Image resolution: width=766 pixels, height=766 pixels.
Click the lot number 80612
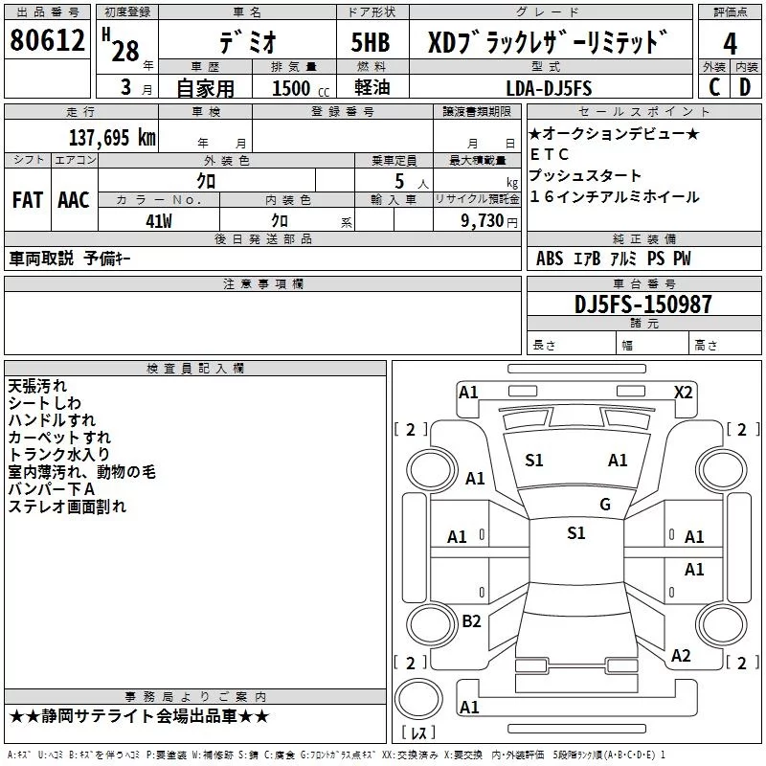(x=47, y=41)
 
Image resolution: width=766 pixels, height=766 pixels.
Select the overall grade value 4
(x=730, y=44)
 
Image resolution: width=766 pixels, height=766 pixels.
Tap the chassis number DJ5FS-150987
(x=629, y=304)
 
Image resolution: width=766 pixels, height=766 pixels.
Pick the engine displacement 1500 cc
(x=297, y=89)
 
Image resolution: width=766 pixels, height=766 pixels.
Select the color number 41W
(x=159, y=219)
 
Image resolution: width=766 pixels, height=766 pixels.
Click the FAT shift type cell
(x=28, y=200)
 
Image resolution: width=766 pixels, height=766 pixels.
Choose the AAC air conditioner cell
(x=74, y=200)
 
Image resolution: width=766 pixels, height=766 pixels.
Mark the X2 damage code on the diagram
(x=683, y=392)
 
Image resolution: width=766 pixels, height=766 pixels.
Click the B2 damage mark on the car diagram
(x=471, y=621)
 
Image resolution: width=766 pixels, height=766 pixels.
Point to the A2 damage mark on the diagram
(x=681, y=656)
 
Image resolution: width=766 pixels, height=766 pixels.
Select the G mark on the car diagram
(x=604, y=505)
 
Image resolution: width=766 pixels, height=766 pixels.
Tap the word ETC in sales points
(x=550, y=154)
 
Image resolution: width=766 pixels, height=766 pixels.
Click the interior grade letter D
(x=744, y=87)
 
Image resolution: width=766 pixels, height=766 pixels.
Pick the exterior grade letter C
(x=713, y=87)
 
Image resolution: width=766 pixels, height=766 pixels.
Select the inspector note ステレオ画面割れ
(x=66, y=507)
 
